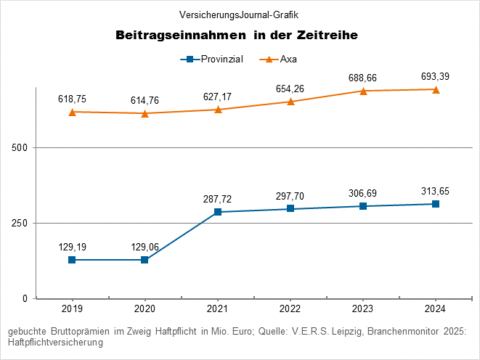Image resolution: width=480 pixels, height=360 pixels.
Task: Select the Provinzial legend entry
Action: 211,59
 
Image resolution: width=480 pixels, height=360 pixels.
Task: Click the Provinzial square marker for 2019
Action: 72,260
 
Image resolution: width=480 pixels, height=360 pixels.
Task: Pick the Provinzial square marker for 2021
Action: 217,212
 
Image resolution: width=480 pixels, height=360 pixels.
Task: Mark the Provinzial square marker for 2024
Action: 435,204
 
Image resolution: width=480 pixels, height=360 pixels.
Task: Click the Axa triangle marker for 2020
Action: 145,113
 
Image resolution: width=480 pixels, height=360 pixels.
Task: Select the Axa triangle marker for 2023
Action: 362,91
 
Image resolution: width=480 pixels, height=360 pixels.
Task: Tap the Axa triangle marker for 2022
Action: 290,102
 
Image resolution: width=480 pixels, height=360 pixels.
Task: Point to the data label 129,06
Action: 145,247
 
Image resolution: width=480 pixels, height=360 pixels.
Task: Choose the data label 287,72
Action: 217,198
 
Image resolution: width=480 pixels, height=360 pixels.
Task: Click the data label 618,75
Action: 72,98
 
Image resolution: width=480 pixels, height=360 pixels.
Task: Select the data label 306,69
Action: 362,192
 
